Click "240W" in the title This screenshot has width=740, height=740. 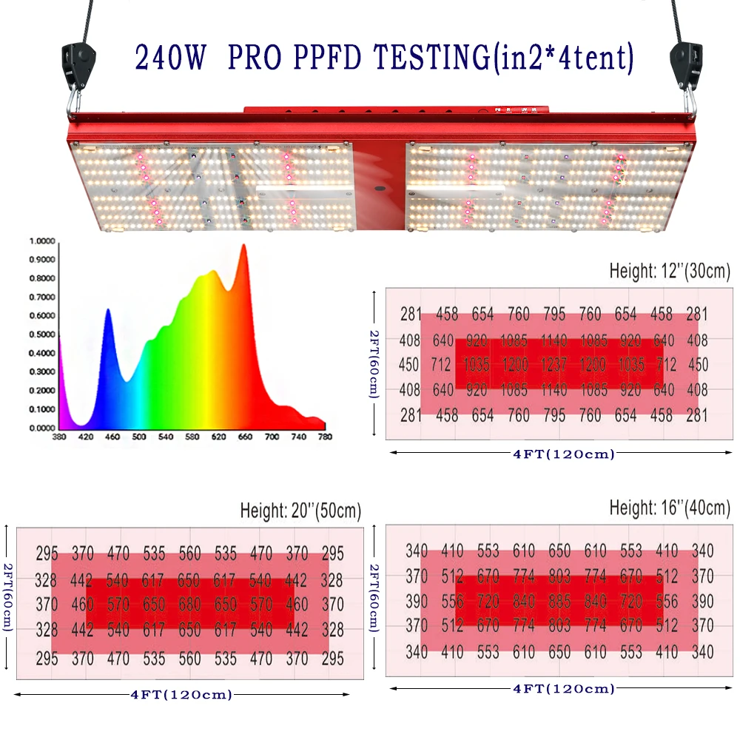point(172,58)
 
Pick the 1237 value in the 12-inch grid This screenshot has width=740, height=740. point(554,364)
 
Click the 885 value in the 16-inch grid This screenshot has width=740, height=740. point(559,602)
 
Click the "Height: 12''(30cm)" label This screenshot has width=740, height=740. point(670,271)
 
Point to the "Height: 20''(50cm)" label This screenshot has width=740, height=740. point(300,511)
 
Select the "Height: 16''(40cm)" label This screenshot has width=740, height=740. point(670,508)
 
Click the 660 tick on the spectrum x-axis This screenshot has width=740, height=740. point(245,437)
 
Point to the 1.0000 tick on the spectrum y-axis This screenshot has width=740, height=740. point(41,241)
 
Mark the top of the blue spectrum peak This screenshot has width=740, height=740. point(108,311)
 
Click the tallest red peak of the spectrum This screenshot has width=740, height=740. point(243,246)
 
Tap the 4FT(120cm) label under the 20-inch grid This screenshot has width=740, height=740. point(181,695)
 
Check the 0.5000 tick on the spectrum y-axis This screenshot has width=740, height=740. point(41,334)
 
